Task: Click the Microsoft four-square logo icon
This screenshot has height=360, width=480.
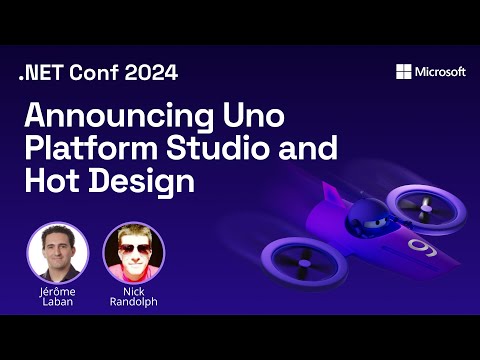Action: point(403,71)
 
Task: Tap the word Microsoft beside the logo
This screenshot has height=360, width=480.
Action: point(440,71)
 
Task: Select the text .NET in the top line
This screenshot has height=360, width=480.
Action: point(37,71)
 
